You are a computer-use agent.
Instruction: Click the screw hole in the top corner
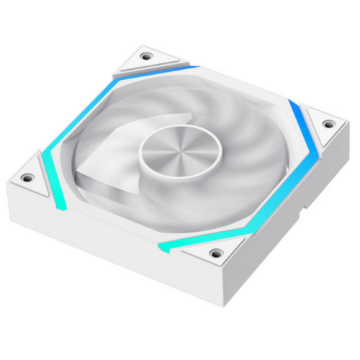pyautogui.click(x=147, y=55)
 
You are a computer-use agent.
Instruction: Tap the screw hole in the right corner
pyautogui.click(x=328, y=125)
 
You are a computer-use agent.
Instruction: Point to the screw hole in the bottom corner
pyautogui.click(x=215, y=253)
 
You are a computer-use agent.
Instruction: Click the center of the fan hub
pyautogui.click(x=174, y=150)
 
